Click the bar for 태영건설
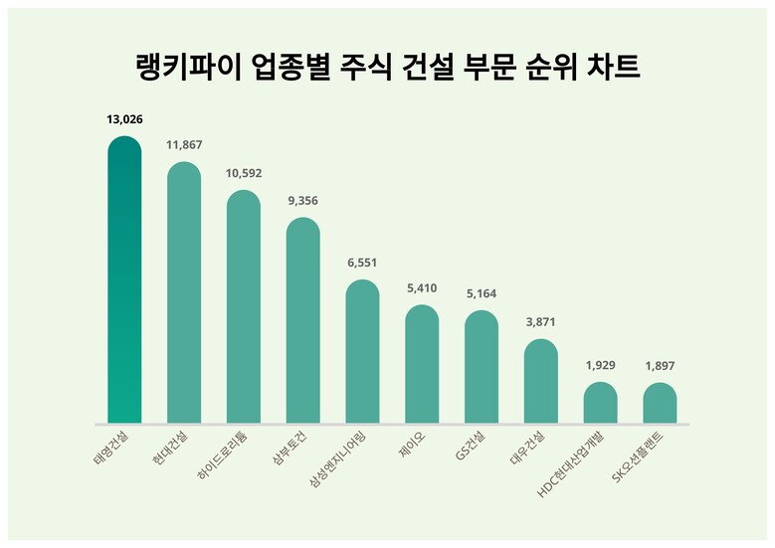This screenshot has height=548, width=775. (124, 280)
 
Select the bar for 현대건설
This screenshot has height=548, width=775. (184, 293)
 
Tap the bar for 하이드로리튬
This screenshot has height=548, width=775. (244, 307)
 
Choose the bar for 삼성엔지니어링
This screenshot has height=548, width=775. (362, 352)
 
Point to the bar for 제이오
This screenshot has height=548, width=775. (422, 364)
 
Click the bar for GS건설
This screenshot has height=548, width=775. (482, 367)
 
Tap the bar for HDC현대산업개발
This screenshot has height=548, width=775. (600, 403)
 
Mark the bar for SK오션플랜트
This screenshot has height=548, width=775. (660, 403)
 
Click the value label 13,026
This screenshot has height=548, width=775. (124, 119)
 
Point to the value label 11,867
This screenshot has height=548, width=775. (184, 145)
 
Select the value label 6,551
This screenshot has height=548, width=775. (362, 264)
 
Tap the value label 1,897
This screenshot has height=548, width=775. (660, 366)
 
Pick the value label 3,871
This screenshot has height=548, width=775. (540, 323)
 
